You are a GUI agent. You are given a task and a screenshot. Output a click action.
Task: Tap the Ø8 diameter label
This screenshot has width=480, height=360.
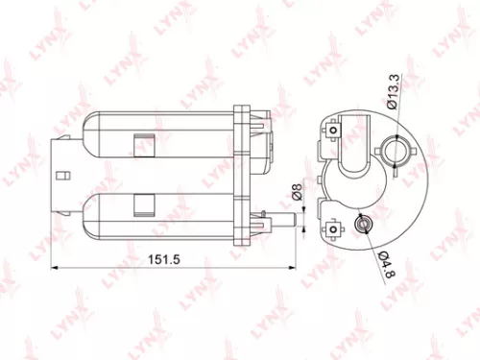[297, 197]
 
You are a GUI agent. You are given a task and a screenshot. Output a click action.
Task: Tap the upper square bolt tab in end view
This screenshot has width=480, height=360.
[332, 127]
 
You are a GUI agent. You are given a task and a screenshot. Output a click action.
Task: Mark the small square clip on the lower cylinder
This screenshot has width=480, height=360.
[143, 204]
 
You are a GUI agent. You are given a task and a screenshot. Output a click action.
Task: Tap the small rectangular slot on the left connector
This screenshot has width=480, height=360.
[60, 176]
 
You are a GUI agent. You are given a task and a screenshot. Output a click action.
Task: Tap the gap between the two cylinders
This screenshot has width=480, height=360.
[163, 175]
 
